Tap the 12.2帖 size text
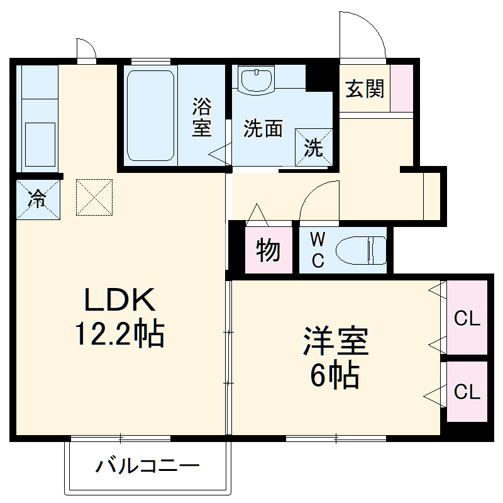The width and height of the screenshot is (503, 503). coord(120,334)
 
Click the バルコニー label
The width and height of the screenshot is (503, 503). coord(148,467)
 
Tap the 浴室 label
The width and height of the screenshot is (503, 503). coord(201,116)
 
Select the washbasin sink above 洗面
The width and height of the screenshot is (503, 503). coord(256,80)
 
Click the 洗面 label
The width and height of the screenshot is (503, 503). coord(263,129)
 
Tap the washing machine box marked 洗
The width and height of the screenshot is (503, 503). coord(312,146)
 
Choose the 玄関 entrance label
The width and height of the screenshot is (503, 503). coord(365,90)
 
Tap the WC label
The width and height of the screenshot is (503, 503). coord(318,250)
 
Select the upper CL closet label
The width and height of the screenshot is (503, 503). coord(467,318)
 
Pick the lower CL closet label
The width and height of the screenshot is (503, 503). coord(467,392)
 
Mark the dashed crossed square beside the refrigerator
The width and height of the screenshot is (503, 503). coord(94,197)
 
